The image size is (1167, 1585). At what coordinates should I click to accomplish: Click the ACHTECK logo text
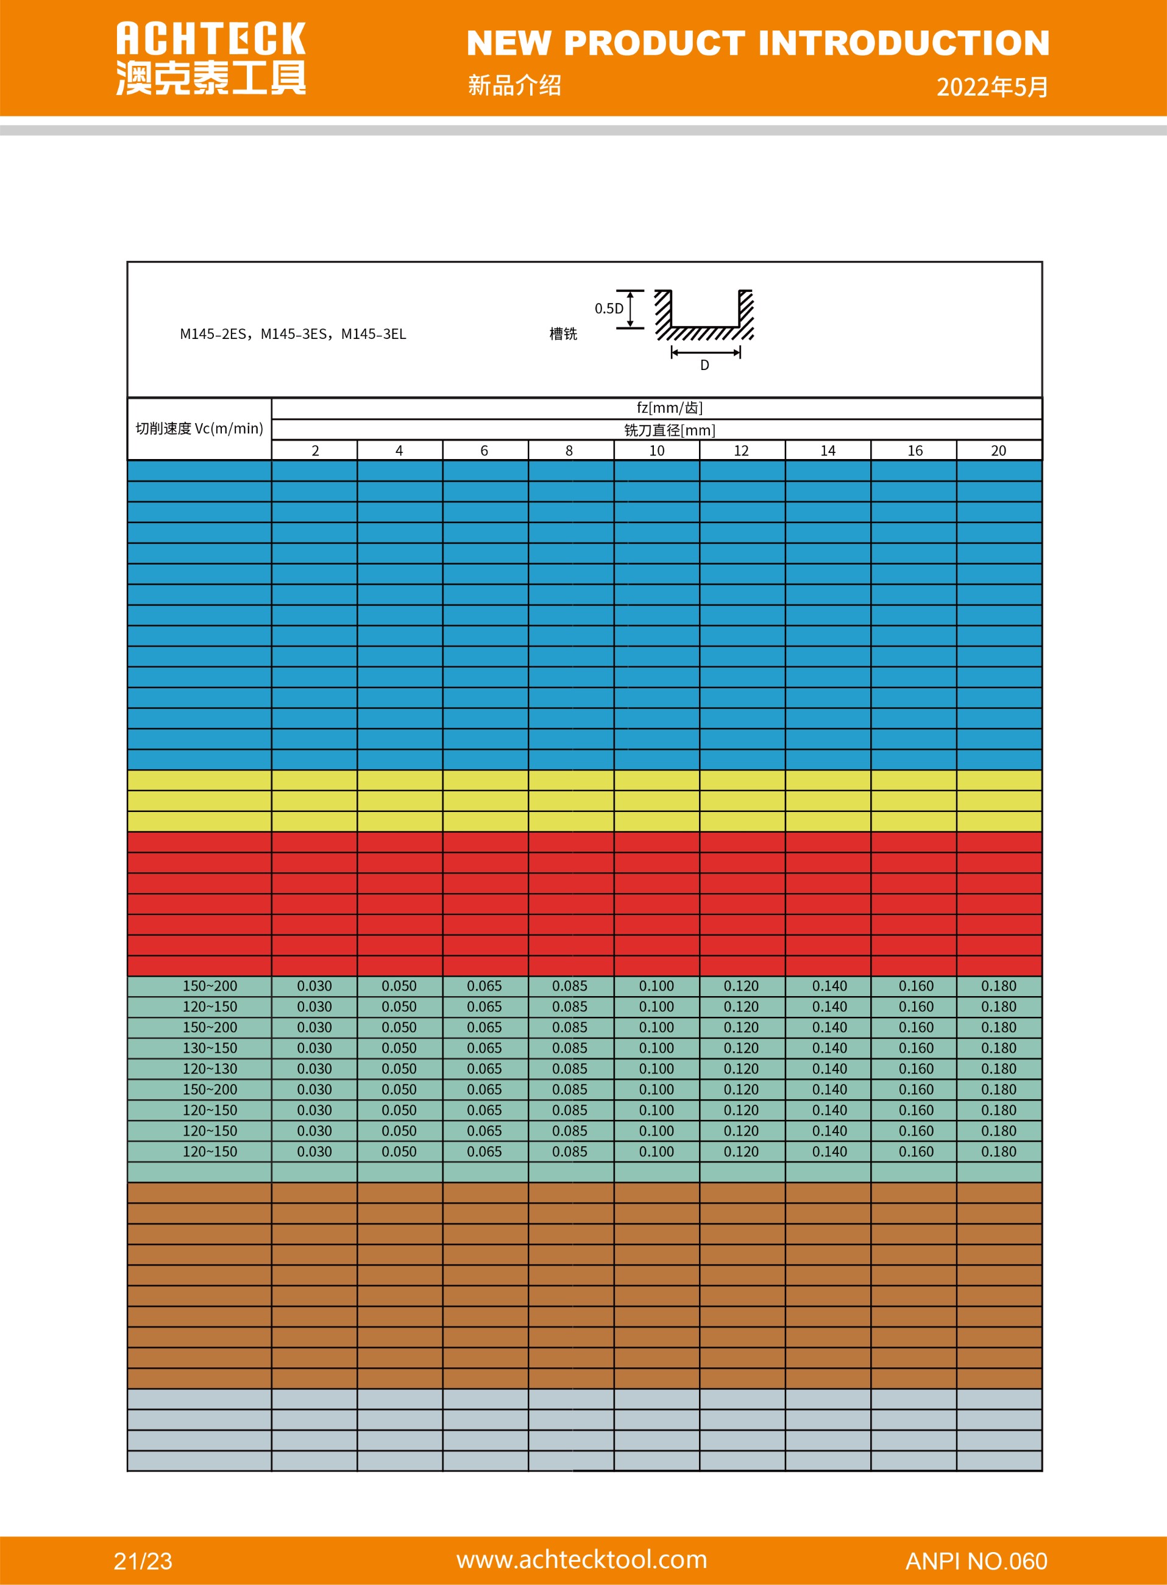pos(210,39)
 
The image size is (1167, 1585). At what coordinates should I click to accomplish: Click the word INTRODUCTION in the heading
pos(904,43)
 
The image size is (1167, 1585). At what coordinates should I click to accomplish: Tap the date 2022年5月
pos(992,87)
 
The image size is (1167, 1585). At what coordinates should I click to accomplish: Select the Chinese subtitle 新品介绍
pos(514,85)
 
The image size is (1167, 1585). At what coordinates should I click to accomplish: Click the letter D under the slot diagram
pos(704,365)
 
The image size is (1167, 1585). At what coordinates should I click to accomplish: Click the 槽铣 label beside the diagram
pos(563,334)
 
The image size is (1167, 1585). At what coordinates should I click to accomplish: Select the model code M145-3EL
pos(374,334)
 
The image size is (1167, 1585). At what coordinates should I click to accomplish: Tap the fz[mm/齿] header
pos(669,408)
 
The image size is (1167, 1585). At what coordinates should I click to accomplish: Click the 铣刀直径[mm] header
pos(669,430)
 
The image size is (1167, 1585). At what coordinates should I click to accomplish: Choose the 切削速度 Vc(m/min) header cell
pos(199,428)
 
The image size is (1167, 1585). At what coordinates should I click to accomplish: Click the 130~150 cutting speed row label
pos(210,1048)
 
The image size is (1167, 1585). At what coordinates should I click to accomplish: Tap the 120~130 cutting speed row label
pos(210,1069)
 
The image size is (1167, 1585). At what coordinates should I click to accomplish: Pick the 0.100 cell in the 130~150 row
pos(656,1048)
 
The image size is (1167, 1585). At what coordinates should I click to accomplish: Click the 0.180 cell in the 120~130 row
pos(998,1069)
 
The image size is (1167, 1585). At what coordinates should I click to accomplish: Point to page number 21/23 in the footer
pos(143,1561)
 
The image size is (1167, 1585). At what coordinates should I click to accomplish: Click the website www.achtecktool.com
pos(581,1559)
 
